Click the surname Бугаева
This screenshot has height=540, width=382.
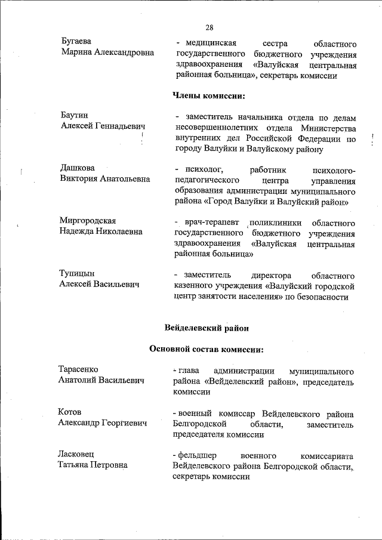[x=77, y=42]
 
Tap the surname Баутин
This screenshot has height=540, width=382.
[x=75, y=115]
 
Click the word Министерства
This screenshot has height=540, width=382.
[x=328, y=128]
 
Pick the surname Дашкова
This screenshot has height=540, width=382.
[x=77, y=168]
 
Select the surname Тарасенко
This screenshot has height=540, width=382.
[x=78, y=369]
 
